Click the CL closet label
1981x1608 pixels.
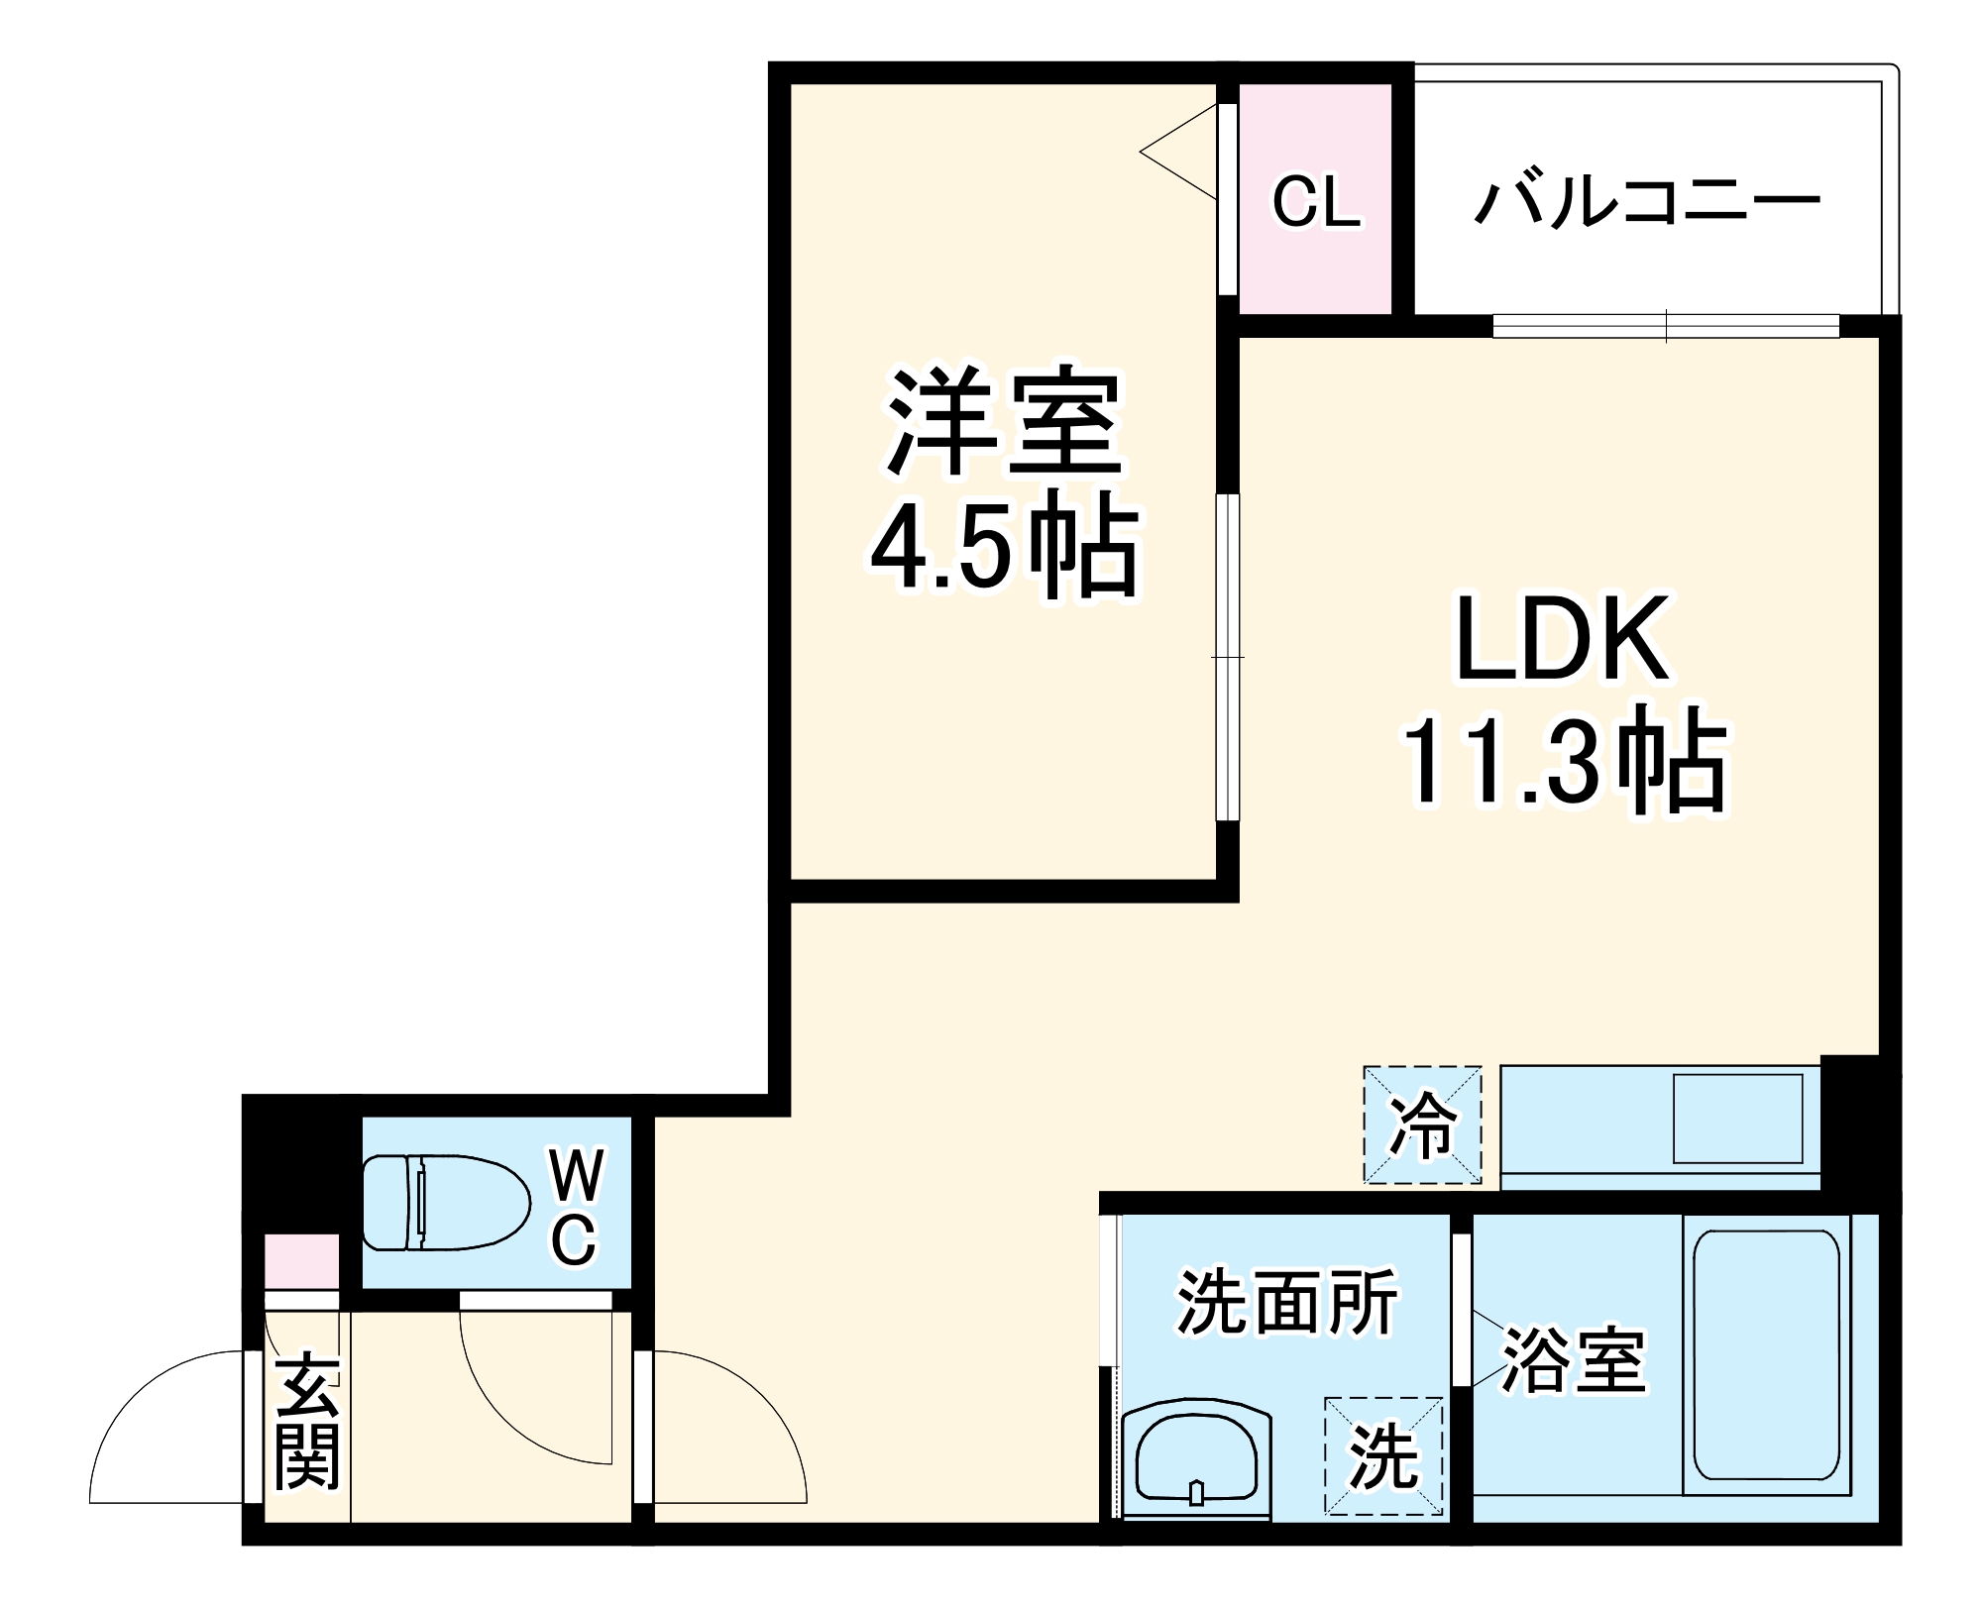[x=1316, y=202]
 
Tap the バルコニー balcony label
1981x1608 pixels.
[x=1646, y=202]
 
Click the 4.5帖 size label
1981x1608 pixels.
[x=1003, y=545]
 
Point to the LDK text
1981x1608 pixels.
[x=1563, y=639]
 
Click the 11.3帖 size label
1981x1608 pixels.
[x=1563, y=763]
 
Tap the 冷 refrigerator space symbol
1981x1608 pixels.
[x=1422, y=1125]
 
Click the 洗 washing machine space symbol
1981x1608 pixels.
[x=1383, y=1455]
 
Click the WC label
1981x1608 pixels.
[x=574, y=1205]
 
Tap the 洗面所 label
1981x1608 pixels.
[x=1287, y=1302]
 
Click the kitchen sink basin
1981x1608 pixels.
[x=1737, y=1119]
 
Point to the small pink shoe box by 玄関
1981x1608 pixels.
[x=301, y=1260]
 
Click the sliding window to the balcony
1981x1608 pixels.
[x=1666, y=326]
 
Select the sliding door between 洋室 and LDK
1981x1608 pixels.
[x=1228, y=657]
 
